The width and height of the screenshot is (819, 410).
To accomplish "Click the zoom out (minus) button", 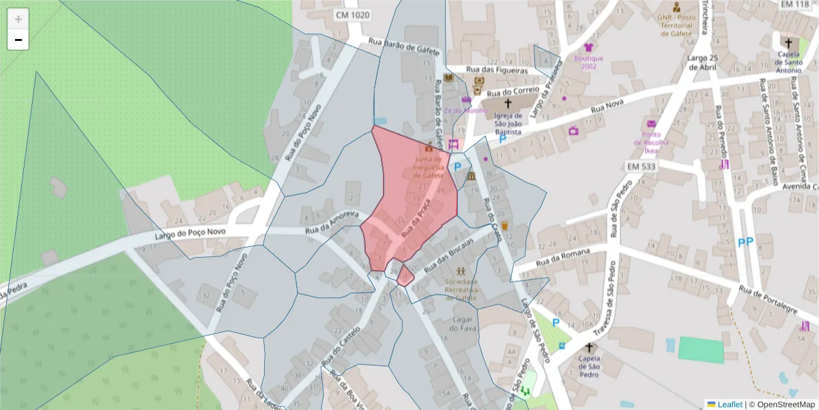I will [x=18, y=40].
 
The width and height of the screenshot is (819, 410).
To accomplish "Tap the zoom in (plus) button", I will [x=18, y=19].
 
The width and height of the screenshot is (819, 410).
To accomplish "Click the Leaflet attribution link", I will [x=729, y=405].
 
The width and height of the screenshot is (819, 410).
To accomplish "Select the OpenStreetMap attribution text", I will [x=784, y=405].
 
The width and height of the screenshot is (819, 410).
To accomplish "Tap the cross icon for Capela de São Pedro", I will [x=589, y=347].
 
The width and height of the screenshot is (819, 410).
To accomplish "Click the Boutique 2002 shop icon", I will [x=588, y=48].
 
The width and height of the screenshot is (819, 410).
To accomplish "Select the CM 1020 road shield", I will [x=352, y=14].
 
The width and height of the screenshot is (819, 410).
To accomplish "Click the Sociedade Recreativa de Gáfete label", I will [x=461, y=289].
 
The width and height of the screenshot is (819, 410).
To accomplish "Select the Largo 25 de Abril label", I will [x=703, y=62].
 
